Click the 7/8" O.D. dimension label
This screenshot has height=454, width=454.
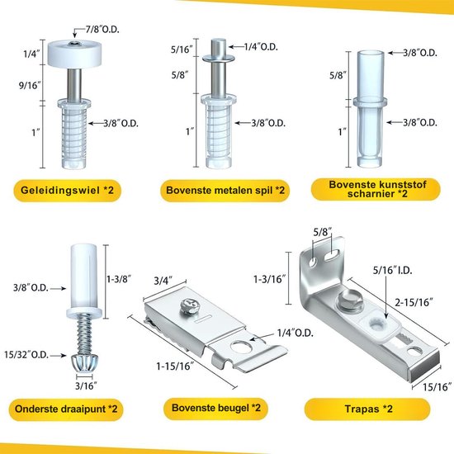coord(102,29)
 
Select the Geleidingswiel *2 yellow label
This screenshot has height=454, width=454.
coord(67,191)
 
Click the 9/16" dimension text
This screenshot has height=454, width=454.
coord(30,85)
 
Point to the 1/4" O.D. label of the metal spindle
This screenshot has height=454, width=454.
coord(261,46)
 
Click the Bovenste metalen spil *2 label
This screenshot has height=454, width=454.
coord(225,191)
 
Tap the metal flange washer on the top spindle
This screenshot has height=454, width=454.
coord(218,59)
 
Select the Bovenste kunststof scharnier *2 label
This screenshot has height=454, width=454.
coord(376,189)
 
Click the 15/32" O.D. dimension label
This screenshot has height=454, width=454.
coord(26,355)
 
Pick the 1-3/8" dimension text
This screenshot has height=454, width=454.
coord(119,279)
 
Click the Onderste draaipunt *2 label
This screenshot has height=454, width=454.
coord(66,409)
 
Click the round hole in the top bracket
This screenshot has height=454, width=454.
coord(241,347)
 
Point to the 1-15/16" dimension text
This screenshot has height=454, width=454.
coord(175,367)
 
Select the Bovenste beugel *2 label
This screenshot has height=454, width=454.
coord(216,408)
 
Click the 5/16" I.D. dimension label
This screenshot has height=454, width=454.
coord(392,270)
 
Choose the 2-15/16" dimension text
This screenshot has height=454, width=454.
coord(414,302)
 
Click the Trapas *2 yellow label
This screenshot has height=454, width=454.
coord(367,409)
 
